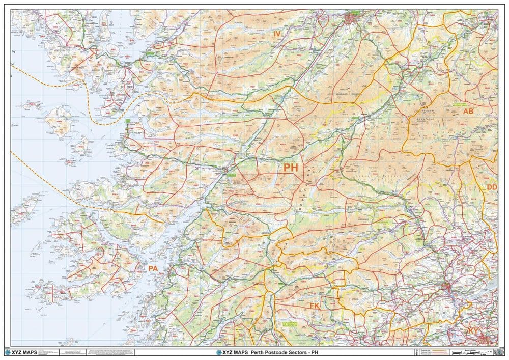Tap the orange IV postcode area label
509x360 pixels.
pos(277,34)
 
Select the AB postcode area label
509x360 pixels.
pos(468,111)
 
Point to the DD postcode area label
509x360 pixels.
pos(492,187)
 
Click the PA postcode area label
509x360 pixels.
pos(153,268)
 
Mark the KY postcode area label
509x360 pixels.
pos(473,331)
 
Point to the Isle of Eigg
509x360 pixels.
pos(81,148)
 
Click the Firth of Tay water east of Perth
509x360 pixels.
pos(486,293)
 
